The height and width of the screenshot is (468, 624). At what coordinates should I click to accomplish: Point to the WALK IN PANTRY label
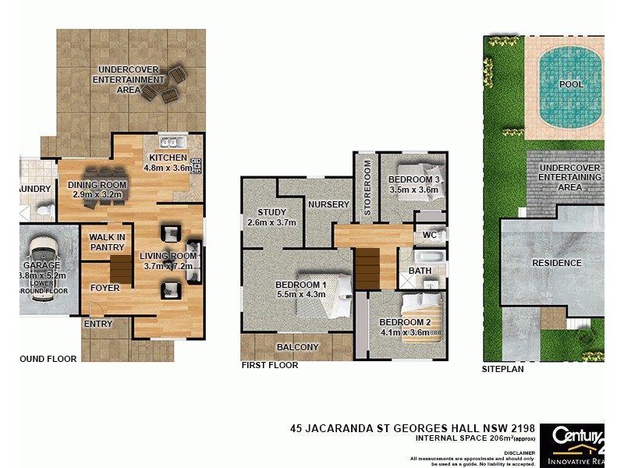tap(107, 243)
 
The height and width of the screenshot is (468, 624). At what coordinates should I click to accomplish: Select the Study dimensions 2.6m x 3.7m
tap(272, 222)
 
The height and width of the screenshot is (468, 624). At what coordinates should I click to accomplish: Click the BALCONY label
tap(297, 347)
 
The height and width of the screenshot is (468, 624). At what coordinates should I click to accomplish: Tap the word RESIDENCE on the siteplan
tap(557, 263)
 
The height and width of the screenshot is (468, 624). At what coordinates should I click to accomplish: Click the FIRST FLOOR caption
tap(268, 364)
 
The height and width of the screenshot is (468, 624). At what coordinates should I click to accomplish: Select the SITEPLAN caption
tap(502, 369)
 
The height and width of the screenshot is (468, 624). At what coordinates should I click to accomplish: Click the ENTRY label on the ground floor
tap(98, 324)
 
